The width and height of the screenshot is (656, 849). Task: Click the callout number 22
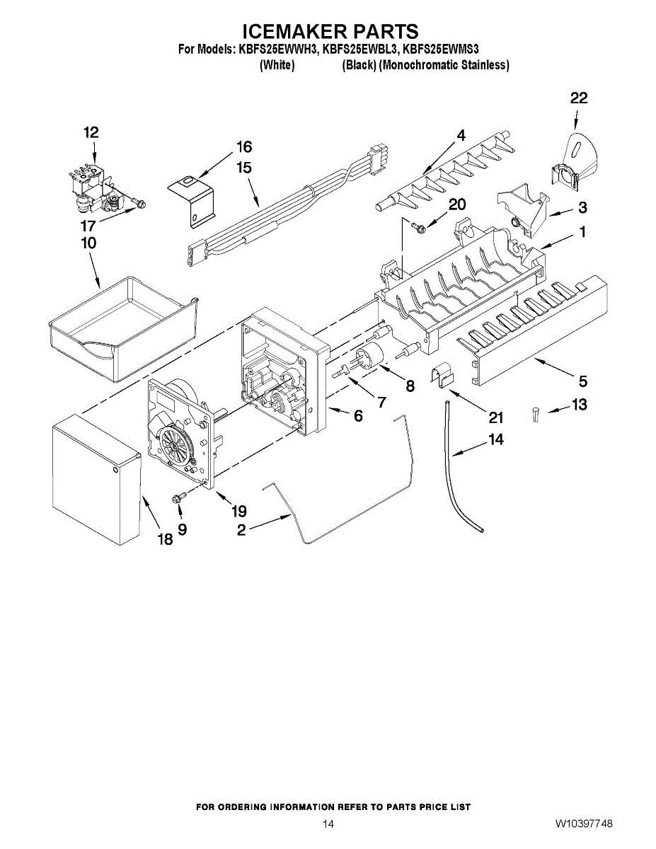point(578,99)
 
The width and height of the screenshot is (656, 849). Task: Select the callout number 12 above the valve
point(91,132)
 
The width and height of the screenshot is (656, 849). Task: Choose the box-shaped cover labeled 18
point(95,481)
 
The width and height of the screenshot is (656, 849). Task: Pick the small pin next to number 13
point(536,413)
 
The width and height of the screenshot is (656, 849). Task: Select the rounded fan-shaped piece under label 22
point(579,152)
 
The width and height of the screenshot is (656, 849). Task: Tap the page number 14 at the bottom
point(328,824)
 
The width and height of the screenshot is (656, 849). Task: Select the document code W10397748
point(584,824)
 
